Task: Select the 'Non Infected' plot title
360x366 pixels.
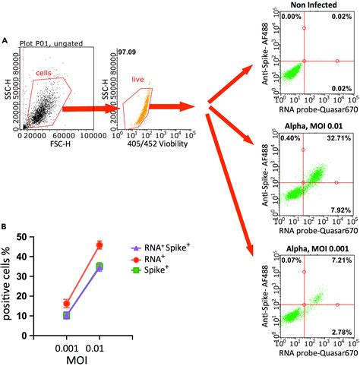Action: click(x=311, y=6)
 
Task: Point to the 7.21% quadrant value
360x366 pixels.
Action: click(x=344, y=260)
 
